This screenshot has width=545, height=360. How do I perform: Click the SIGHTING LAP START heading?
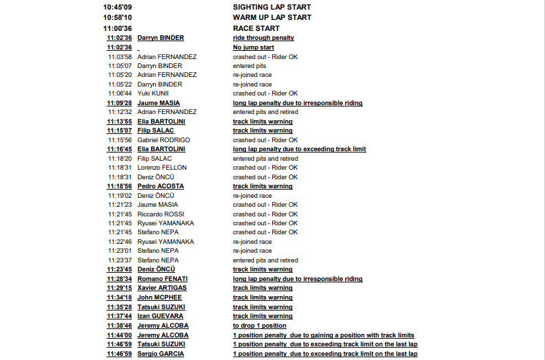tap(271, 7)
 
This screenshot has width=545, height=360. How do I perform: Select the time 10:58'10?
tap(118, 17)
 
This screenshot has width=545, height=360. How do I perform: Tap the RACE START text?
tap(256, 28)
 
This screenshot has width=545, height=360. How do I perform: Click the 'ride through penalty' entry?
tap(263, 38)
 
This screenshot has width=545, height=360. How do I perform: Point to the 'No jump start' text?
tap(253, 47)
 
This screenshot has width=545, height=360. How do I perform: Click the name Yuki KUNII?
tap(153, 93)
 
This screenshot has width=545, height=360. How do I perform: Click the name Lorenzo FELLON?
tap(162, 168)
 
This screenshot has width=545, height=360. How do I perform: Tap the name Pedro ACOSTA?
tap(160, 186)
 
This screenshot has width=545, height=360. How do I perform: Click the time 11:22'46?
tap(120, 242)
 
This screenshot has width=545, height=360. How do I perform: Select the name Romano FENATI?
tap(162, 279)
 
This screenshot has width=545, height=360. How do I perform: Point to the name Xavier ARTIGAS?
tap(162, 289)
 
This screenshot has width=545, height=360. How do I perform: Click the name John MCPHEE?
tap(159, 297)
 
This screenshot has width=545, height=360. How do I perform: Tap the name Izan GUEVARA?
tap(160, 316)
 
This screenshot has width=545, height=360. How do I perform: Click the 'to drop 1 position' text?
tap(259, 326)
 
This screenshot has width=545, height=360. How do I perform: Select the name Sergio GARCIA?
tap(160, 354)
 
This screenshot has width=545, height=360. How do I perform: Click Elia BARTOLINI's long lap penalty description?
tap(299, 149)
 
